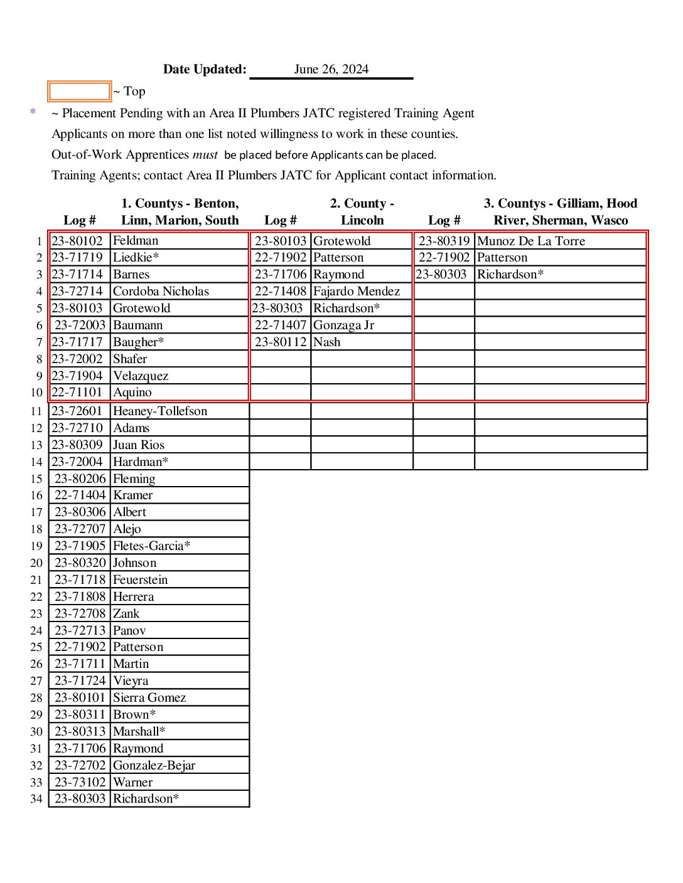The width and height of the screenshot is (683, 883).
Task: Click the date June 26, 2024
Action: pyautogui.click(x=331, y=69)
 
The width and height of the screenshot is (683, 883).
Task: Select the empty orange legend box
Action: pyautogui.click(x=79, y=92)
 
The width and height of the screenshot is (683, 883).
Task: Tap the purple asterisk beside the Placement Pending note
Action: pyautogui.click(x=33, y=112)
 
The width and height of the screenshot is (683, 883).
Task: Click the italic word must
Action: pyautogui.click(x=205, y=154)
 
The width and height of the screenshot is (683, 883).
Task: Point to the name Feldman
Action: pyautogui.click(x=136, y=240)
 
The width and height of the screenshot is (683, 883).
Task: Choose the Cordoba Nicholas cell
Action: pyautogui.click(x=161, y=291)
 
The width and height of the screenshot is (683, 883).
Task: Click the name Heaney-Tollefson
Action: pyautogui.click(x=160, y=411)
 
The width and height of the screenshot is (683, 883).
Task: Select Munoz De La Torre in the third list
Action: pyautogui.click(x=530, y=241)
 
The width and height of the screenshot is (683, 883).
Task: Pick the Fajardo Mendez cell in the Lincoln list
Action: pyautogui.click(x=356, y=291)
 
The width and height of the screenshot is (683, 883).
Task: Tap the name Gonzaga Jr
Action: pyautogui.click(x=343, y=325)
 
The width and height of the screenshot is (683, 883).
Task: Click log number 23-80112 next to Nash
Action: pyautogui.click(x=280, y=342)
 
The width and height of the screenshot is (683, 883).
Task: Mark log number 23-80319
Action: pyautogui.click(x=444, y=241)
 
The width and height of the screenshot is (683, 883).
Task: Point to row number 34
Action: pyautogui.click(x=36, y=799)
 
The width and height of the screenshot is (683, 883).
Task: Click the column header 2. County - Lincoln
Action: pyautogui.click(x=362, y=211)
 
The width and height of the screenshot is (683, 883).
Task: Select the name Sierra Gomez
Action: pyautogui.click(x=149, y=697)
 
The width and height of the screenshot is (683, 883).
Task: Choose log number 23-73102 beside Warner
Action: pyautogui.click(x=80, y=782)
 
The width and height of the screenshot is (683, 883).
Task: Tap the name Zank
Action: pyautogui.click(x=126, y=613)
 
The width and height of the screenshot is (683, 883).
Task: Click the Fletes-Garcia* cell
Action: pyautogui.click(x=151, y=546)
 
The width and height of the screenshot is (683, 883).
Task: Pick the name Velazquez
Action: pyautogui.click(x=141, y=376)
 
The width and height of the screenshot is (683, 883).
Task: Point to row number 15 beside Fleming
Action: pyautogui.click(x=36, y=479)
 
